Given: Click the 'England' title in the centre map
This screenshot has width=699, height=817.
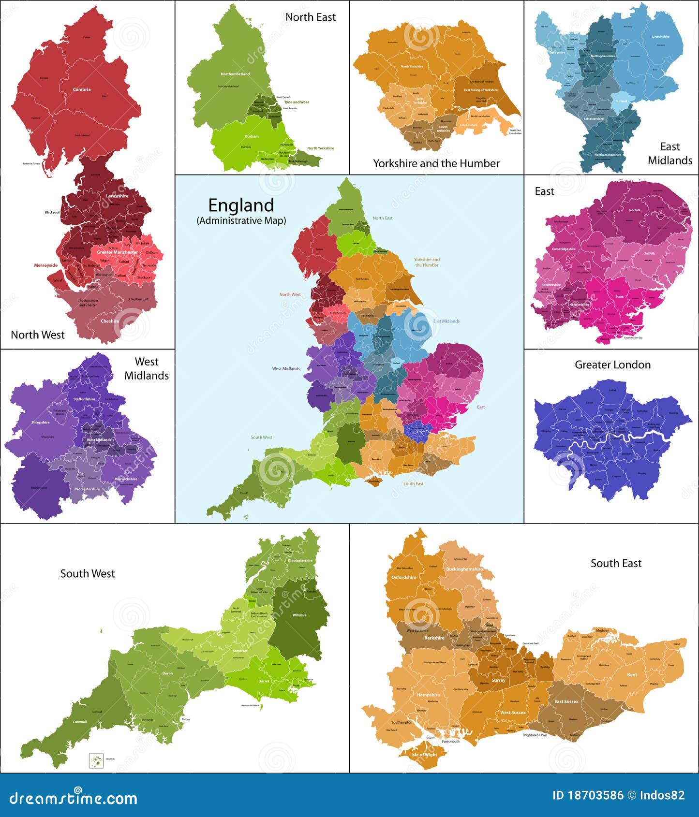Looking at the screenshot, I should tap(241, 205).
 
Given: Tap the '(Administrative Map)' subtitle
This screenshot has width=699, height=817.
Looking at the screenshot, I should tap(241, 220).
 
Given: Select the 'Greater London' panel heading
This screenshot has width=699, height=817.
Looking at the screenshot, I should tap(612, 365).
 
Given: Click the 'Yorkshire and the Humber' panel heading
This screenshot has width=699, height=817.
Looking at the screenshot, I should tap(436, 163).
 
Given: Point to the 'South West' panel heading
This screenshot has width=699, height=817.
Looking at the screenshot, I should tap(88, 573).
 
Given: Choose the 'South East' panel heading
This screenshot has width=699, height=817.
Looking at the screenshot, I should tap(616, 563).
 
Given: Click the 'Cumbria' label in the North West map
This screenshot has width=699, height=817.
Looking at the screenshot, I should tap(82, 89).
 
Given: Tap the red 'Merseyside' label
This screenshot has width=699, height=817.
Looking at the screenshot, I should tap(45, 265).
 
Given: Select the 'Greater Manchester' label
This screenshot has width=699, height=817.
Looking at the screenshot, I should tap(117, 252).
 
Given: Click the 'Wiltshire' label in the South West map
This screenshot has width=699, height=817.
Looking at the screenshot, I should tap(299, 615).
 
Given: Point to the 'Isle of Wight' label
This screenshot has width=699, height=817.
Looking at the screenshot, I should tap(424, 755).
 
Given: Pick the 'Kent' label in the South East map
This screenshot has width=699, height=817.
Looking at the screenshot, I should tap(632, 674).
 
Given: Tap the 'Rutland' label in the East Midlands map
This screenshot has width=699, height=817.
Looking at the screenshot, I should tap(621, 102).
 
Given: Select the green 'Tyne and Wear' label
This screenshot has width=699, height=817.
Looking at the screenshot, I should tap(297, 102).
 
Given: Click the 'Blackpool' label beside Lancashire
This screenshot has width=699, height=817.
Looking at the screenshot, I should tap(52, 212).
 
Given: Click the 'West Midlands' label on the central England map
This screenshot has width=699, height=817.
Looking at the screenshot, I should tap(286, 368).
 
